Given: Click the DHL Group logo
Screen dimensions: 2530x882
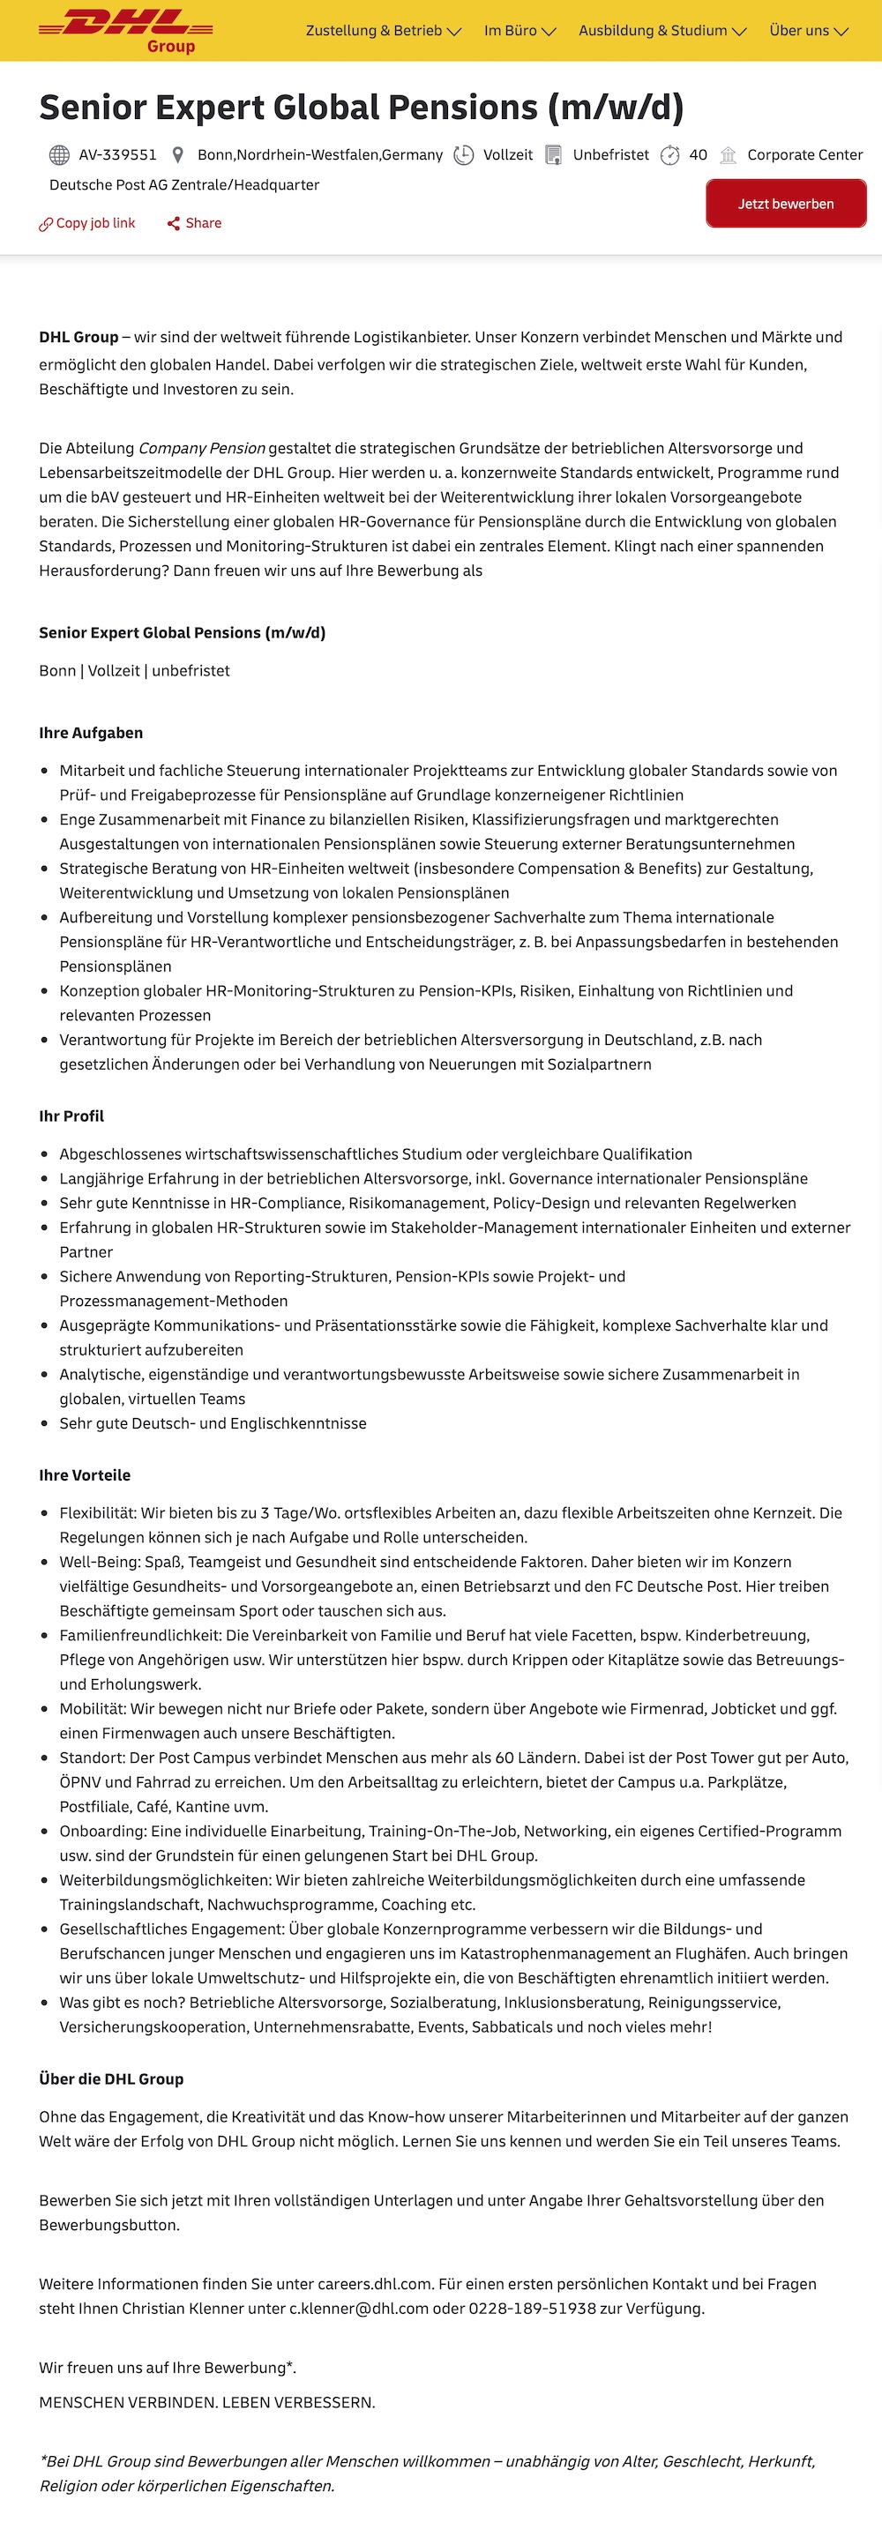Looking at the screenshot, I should click(126, 29).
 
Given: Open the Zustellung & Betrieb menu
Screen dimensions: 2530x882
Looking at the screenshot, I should click(383, 31).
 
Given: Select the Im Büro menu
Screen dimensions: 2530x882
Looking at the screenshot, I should click(519, 31).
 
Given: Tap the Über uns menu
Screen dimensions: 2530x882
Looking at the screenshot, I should click(808, 31).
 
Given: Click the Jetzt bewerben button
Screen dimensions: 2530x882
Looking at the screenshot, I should click(786, 204).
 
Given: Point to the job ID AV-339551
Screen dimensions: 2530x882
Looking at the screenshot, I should click(118, 154).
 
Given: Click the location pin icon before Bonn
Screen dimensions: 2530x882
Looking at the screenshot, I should click(178, 154).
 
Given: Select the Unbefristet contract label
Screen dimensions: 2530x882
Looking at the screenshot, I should click(611, 154).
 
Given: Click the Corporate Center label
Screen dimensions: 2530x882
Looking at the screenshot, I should click(804, 154).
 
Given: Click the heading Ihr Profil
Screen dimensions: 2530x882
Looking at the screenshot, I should click(71, 1116).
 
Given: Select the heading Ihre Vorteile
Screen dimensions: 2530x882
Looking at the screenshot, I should click(85, 1475).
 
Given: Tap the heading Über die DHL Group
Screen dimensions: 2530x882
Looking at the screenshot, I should click(111, 2079).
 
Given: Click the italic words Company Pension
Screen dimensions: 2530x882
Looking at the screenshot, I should click(201, 448).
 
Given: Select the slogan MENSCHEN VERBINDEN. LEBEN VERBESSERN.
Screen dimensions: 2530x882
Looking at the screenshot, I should click(207, 2402).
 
